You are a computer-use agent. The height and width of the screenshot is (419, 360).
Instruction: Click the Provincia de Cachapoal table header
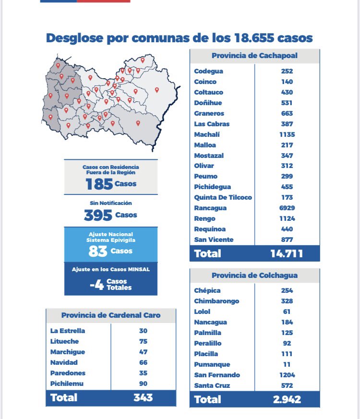(254, 55)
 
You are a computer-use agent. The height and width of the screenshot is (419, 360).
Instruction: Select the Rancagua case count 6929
(287, 208)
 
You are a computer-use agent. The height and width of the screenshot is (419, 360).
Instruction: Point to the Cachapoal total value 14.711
(287, 253)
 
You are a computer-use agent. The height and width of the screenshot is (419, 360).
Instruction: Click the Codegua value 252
(287, 71)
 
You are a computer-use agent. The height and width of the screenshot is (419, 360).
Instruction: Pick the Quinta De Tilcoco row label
(223, 197)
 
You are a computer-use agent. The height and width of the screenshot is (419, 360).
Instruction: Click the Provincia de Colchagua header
(254, 275)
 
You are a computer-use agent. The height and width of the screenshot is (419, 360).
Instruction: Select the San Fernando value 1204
(287, 375)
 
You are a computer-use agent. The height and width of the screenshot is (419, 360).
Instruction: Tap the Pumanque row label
(212, 364)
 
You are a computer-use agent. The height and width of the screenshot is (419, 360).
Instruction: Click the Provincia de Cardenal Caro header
(111, 315)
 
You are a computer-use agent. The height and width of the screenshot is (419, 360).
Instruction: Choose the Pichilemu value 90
(143, 383)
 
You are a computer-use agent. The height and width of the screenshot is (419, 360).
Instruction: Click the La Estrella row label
(67, 331)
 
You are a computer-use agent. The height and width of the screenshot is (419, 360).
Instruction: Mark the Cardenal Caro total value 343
(143, 397)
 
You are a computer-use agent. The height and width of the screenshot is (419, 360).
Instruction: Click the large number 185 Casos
(99, 184)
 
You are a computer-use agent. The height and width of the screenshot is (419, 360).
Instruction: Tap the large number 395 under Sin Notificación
(98, 215)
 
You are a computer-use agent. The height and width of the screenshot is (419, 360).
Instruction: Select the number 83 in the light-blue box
(97, 251)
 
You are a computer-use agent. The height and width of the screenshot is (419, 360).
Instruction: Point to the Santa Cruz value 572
(287, 385)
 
